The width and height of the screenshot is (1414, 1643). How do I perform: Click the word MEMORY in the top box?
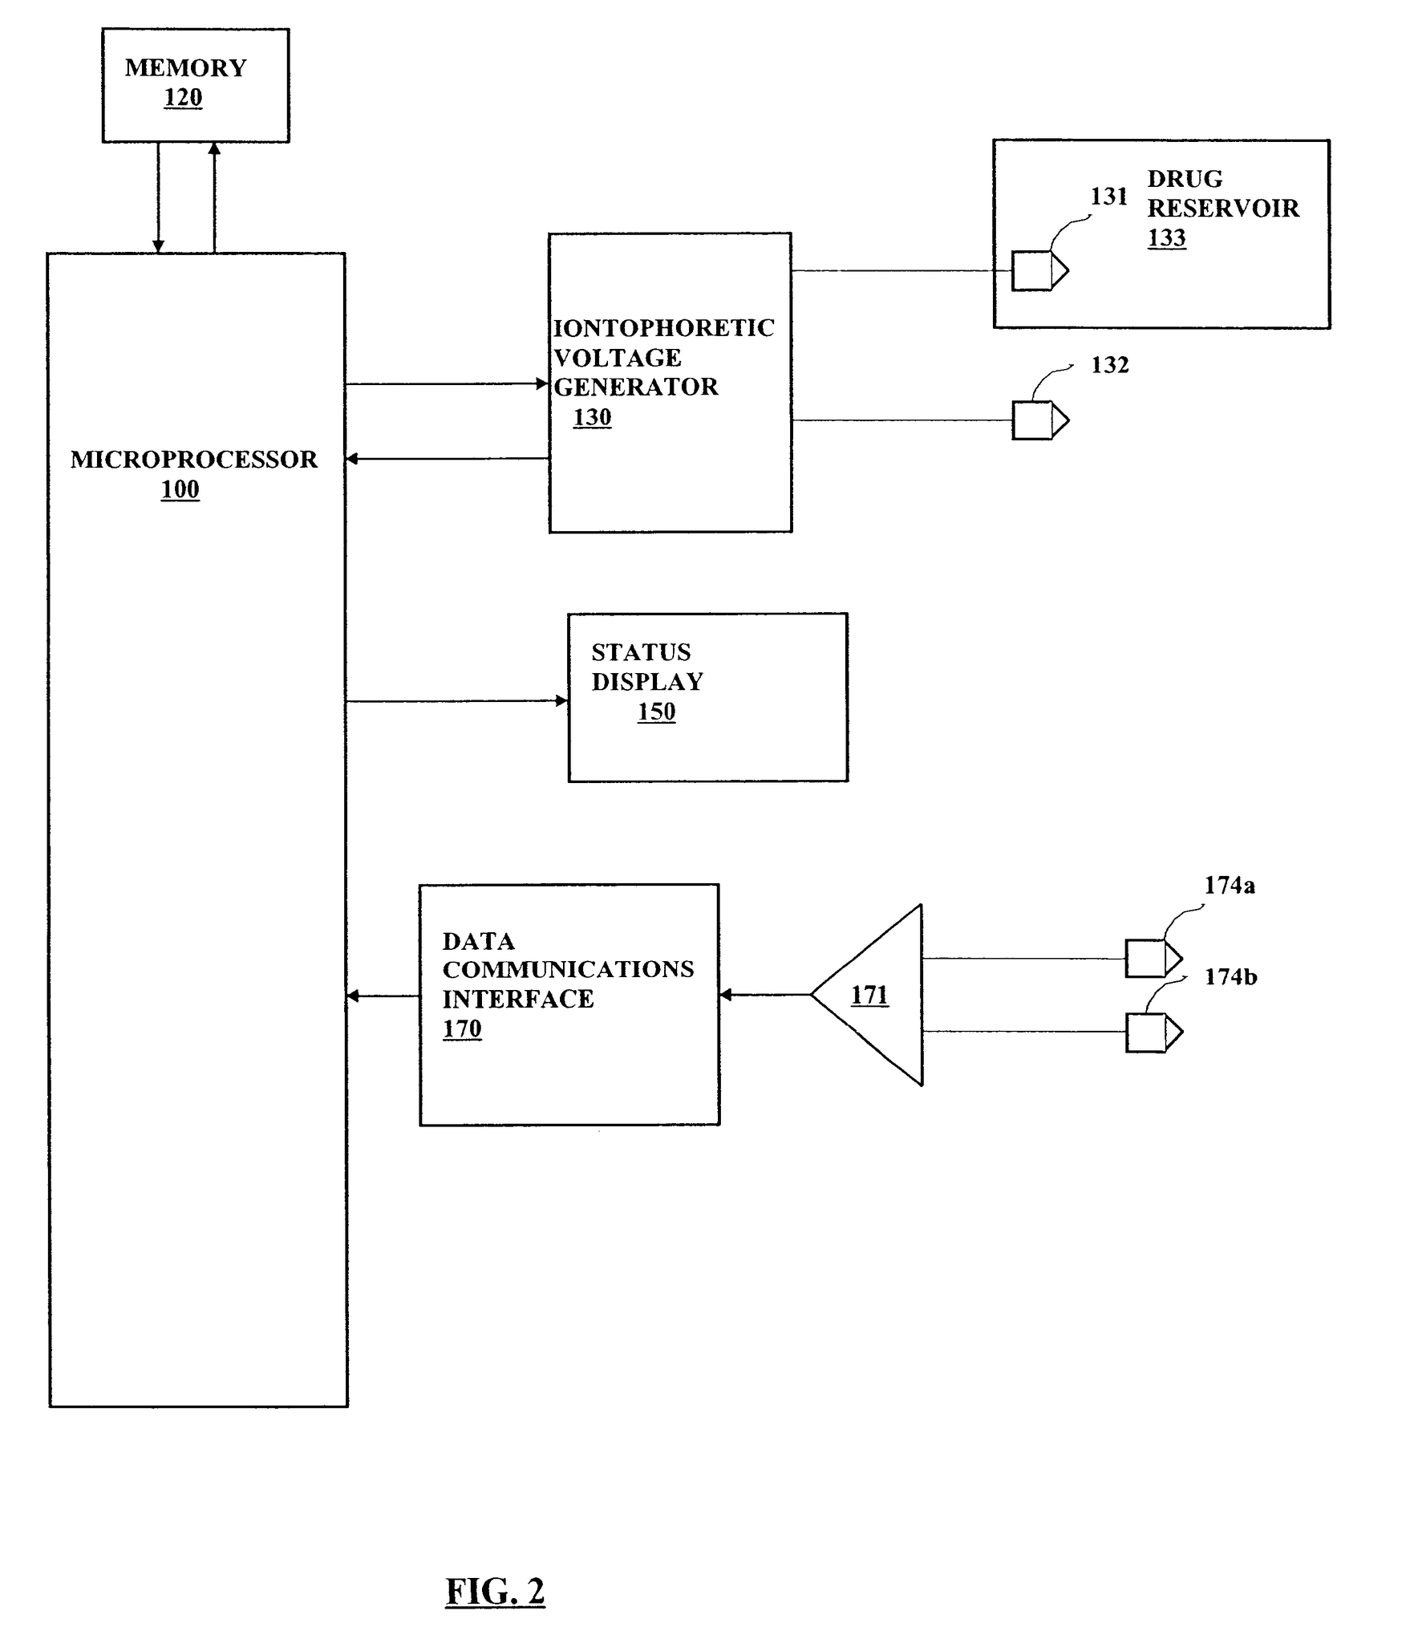click(185, 68)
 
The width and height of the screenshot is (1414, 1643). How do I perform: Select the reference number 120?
click(183, 98)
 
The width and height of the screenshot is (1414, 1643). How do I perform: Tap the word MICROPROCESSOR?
click(193, 460)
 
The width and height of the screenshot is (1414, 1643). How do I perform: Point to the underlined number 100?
click(180, 489)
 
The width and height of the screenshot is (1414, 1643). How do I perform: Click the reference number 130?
click(592, 418)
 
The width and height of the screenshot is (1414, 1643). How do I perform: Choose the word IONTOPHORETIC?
click(664, 328)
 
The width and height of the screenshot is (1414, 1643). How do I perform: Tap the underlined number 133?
click(1166, 238)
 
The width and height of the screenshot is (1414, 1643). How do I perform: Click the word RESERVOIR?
click(1222, 209)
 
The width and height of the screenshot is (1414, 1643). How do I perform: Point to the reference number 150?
click(656, 712)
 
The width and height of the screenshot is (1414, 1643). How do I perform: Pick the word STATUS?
click(641, 652)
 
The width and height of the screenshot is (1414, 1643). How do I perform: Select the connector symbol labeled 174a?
click(1153, 958)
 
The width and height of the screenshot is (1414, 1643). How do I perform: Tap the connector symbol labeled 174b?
click(1153, 1032)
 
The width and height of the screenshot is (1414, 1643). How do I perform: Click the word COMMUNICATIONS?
click(568, 970)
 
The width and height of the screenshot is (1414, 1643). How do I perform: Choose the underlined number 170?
click(462, 1029)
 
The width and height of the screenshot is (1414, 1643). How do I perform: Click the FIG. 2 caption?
click(495, 1592)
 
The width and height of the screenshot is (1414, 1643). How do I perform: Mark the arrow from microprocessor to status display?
click(456, 702)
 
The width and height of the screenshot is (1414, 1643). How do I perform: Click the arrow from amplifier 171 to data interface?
click(765, 996)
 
